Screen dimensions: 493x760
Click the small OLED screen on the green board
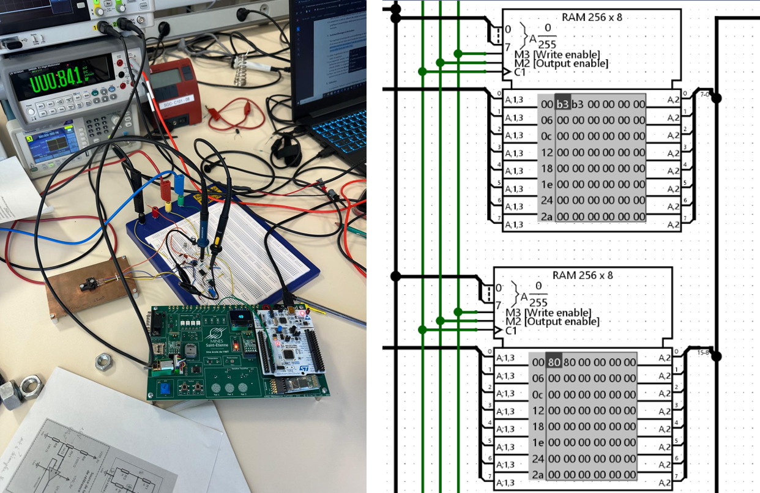click(x=239, y=319)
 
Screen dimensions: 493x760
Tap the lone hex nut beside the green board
click(x=104, y=362)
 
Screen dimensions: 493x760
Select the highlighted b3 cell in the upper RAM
click(x=563, y=104)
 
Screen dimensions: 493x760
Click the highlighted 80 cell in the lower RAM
click(x=554, y=362)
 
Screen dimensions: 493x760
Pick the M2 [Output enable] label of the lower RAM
click(x=552, y=321)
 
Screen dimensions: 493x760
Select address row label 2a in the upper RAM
click(x=546, y=217)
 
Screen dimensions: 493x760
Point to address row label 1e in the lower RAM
click(x=538, y=442)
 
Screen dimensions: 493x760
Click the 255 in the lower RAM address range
click(x=538, y=303)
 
